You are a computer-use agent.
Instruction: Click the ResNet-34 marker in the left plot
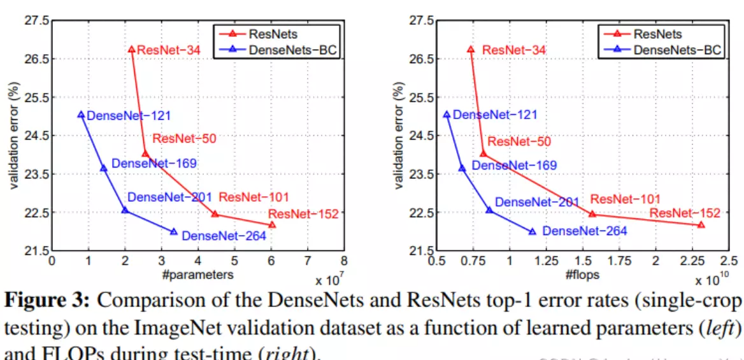click(132, 49)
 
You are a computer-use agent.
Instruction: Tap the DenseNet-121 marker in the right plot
click(447, 115)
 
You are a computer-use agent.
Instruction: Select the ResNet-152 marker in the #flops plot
click(701, 224)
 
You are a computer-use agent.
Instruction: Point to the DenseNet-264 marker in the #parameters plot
click(174, 231)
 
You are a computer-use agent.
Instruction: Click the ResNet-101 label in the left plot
click(254, 197)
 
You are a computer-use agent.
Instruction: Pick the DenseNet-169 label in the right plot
click(514, 166)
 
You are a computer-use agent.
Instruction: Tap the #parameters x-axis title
click(197, 275)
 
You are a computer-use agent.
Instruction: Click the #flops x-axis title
click(582, 275)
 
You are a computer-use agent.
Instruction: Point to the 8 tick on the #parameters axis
click(344, 261)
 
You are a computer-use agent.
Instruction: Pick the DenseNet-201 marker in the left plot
click(125, 210)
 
